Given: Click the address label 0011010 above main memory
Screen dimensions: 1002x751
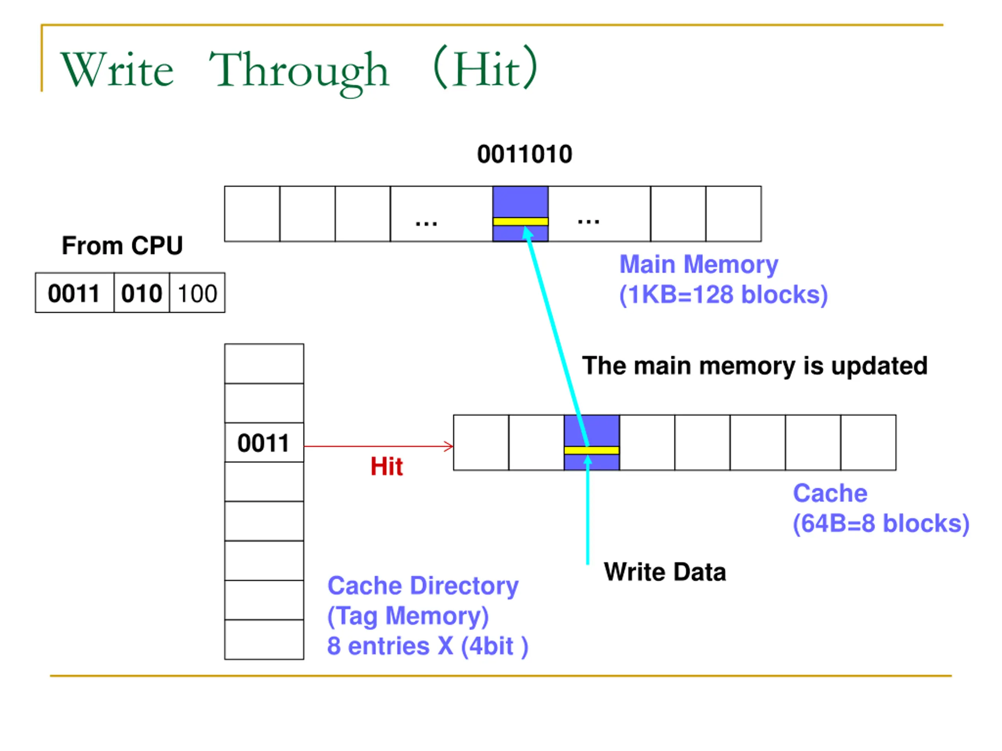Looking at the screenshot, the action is (x=524, y=155).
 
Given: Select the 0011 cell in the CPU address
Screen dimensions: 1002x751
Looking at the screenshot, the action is (x=75, y=293).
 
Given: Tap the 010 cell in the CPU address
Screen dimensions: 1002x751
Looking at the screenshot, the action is (x=142, y=293).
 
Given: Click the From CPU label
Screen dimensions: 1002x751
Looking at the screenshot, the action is (x=122, y=246).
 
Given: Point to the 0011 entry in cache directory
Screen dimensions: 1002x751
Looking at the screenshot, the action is (x=264, y=443).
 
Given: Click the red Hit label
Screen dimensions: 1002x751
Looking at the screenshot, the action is (x=386, y=466).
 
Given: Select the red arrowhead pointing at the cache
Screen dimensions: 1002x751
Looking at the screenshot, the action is (x=449, y=446).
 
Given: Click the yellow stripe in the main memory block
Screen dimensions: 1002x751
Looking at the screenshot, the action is (x=521, y=221).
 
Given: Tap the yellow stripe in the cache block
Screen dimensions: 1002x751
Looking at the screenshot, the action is (x=591, y=450).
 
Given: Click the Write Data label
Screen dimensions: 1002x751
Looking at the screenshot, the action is (x=665, y=572).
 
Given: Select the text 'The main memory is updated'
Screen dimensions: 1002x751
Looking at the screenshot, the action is (x=755, y=366).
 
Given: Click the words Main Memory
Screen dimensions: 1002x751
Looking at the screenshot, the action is (x=699, y=264).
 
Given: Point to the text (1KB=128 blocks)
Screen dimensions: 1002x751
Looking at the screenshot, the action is (x=723, y=295).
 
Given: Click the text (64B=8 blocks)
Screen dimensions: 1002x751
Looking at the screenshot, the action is (x=881, y=524).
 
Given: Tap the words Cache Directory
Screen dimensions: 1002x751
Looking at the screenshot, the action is (x=423, y=586).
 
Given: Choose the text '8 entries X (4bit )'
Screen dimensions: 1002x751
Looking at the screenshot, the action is (x=428, y=646).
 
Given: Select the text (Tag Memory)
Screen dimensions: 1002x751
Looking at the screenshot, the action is (x=408, y=616).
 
